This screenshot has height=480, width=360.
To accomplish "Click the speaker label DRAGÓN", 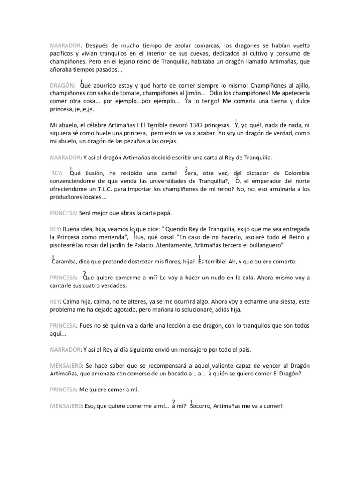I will click(x=62, y=86).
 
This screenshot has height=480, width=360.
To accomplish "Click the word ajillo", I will click(x=300, y=86).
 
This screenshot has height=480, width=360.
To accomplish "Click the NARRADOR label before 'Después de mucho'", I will click(x=65, y=45).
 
